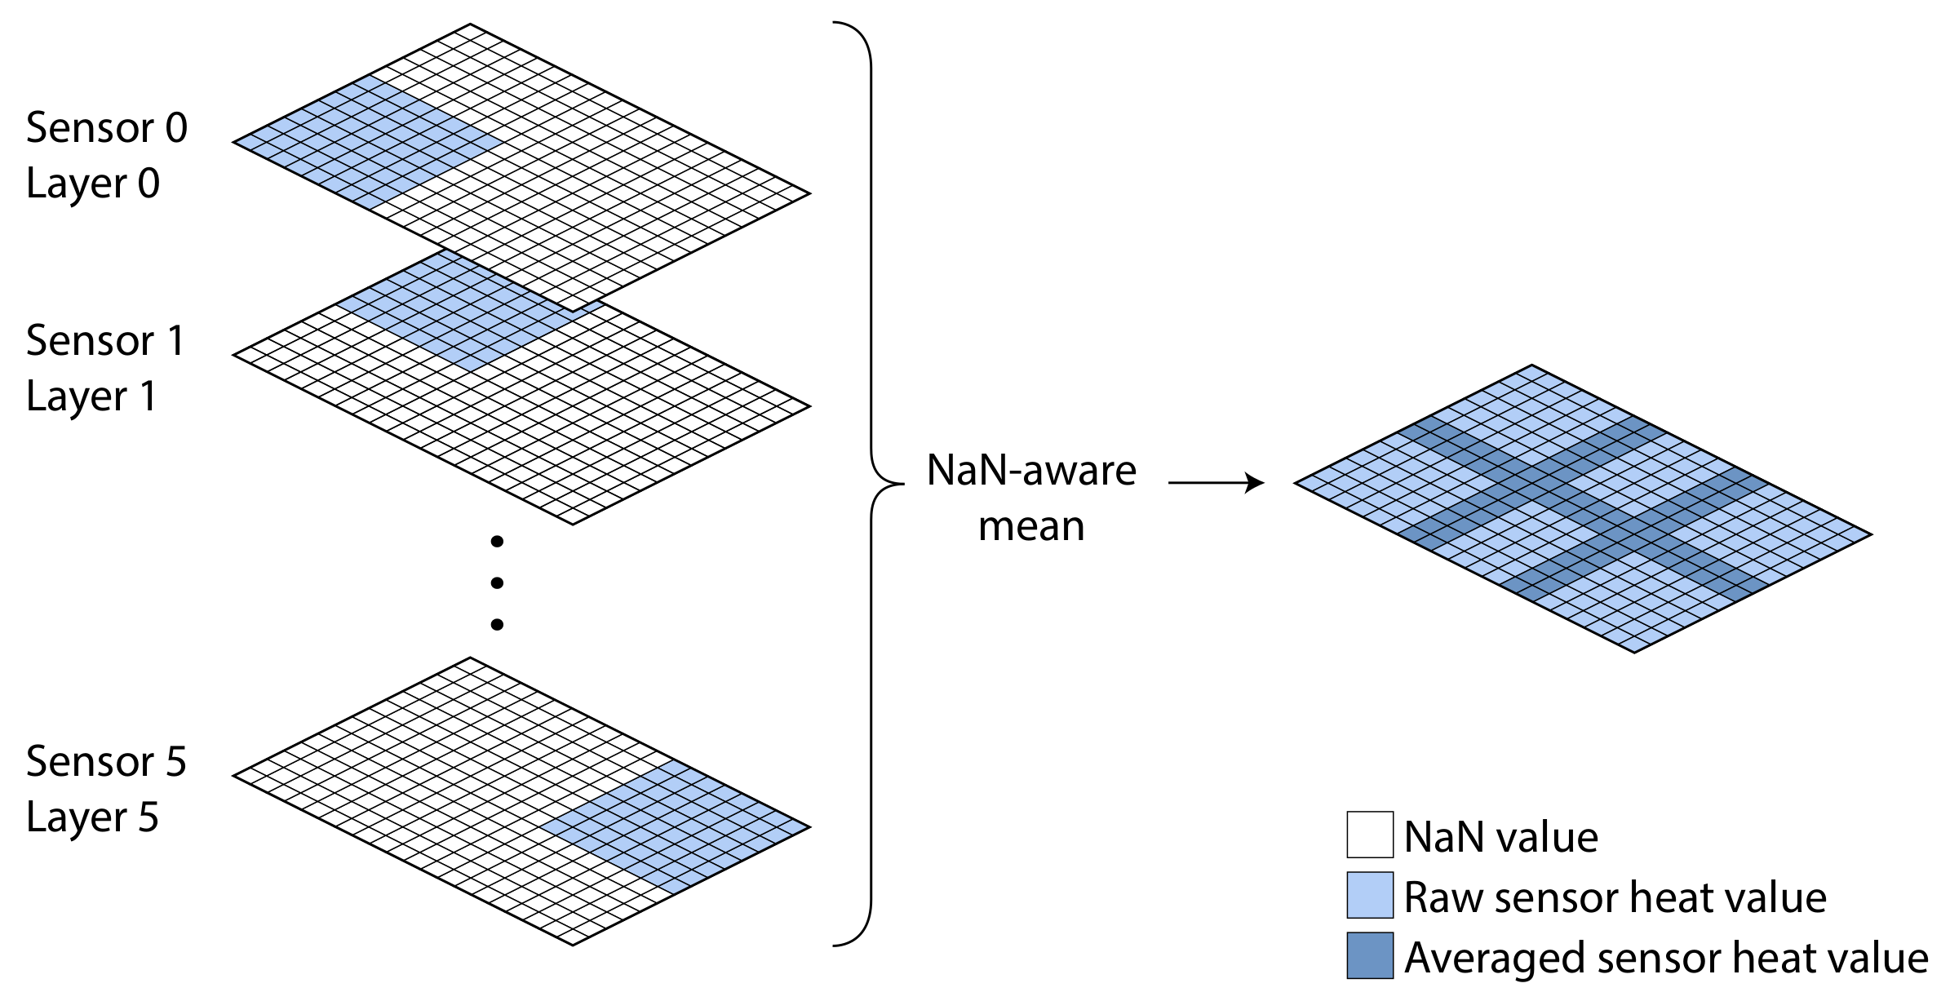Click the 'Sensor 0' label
(x=107, y=129)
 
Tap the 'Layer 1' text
(x=91, y=397)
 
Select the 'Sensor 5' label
(x=106, y=762)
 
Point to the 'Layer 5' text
(x=92, y=817)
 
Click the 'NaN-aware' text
(x=1031, y=471)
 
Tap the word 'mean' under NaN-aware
(x=1031, y=527)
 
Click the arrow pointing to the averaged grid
(x=1216, y=483)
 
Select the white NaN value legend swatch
(x=1369, y=835)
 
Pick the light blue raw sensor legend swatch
(x=1369, y=895)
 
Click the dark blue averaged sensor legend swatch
(x=1369, y=955)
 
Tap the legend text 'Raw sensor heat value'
(x=1615, y=898)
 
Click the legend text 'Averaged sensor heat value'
(x=1665, y=958)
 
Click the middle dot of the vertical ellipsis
(x=497, y=582)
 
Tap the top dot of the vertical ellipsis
(x=497, y=541)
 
